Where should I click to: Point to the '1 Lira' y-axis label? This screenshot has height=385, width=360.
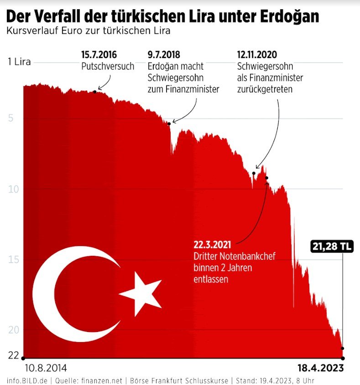(20, 62)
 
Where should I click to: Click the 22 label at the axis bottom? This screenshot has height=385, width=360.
(13, 355)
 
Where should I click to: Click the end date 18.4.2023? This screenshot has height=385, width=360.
(320, 368)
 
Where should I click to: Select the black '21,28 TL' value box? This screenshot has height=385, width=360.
(332, 247)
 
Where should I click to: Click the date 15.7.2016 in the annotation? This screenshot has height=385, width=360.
(99, 56)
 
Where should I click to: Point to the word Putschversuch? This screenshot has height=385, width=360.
(108, 66)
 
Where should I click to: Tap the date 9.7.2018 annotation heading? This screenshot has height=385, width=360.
(164, 56)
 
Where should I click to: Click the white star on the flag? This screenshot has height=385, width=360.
(141, 293)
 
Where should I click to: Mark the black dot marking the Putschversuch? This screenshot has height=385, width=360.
(95, 92)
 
